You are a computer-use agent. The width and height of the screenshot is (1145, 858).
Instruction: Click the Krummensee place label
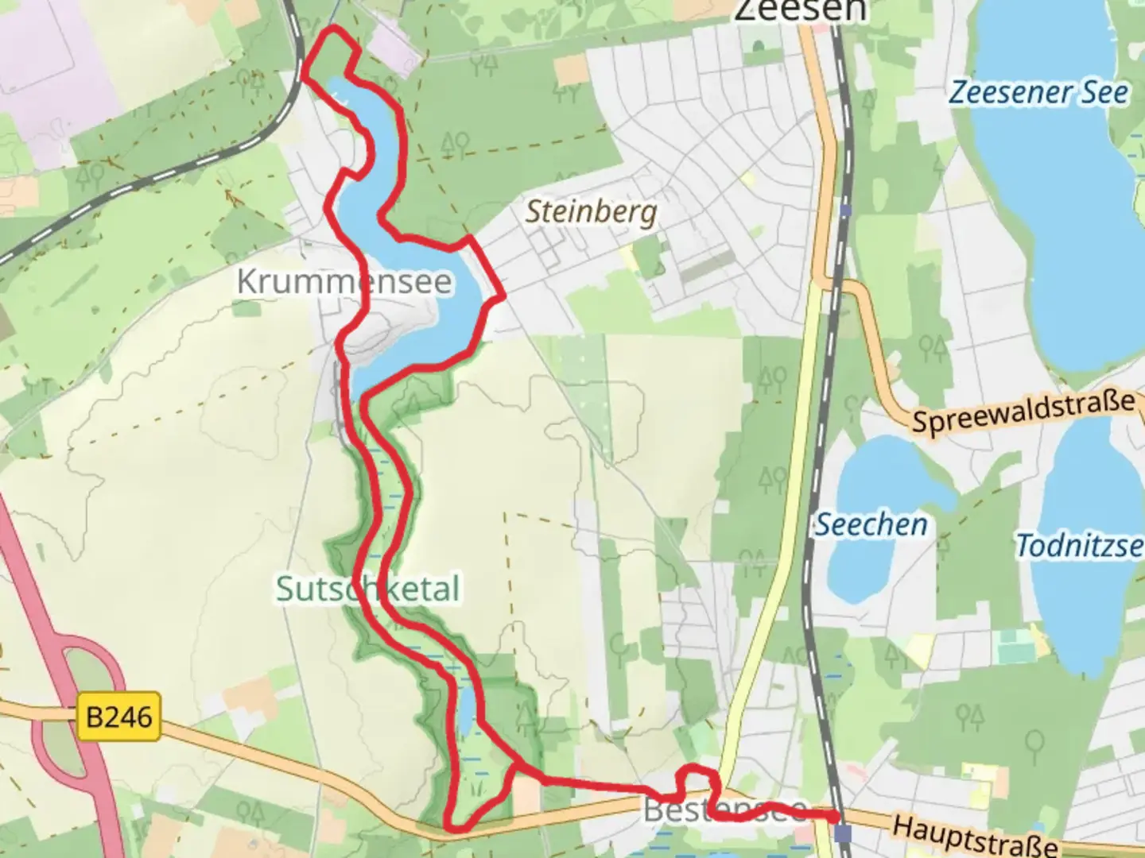(344, 282)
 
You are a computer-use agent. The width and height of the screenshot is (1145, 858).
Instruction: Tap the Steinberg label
(592, 212)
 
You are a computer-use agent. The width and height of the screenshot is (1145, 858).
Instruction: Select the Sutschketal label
(367, 589)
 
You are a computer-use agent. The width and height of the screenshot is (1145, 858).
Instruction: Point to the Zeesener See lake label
(1038, 93)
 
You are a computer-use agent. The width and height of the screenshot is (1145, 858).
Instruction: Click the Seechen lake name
(871, 525)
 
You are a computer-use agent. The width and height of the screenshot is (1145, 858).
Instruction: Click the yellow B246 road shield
(119, 717)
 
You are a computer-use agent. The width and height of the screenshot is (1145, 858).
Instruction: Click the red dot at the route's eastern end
(833, 816)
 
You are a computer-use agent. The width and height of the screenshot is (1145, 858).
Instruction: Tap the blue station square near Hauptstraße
(843, 833)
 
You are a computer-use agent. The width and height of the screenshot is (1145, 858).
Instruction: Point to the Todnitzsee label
(1080, 547)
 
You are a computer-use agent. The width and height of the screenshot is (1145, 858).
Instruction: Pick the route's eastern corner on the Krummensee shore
(503, 296)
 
